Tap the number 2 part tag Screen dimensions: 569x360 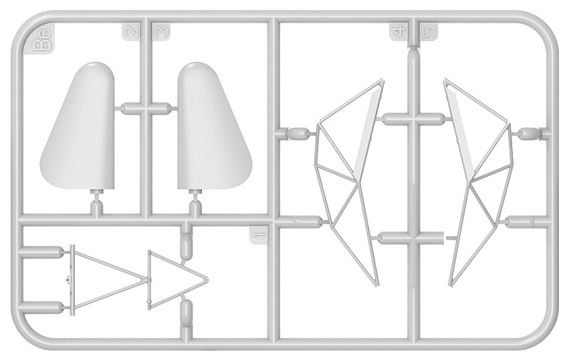[x=131, y=31]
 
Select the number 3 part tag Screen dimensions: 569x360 [x=161, y=31]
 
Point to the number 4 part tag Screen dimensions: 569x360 [x=399, y=31]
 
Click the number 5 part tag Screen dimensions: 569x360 [x=429, y=31]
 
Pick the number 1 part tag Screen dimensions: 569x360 [x=259, y=234]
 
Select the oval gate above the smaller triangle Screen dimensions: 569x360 [x=186, y=246]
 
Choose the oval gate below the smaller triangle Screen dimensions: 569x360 [x=186, y=312]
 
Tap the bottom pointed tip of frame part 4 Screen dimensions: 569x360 [x=376, y=285]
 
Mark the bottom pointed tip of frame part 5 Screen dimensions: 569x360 [x=451, y=284]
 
